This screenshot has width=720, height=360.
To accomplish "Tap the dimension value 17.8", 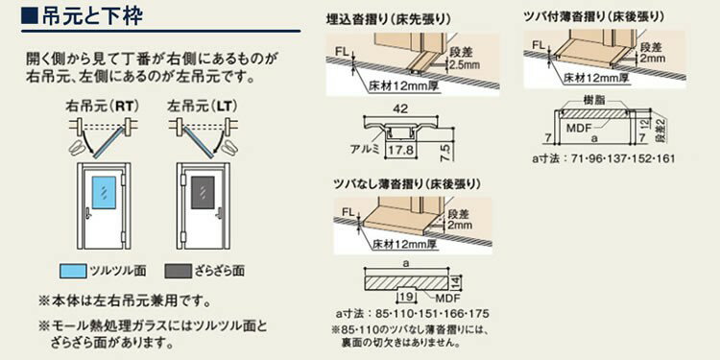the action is coord(402,151).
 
